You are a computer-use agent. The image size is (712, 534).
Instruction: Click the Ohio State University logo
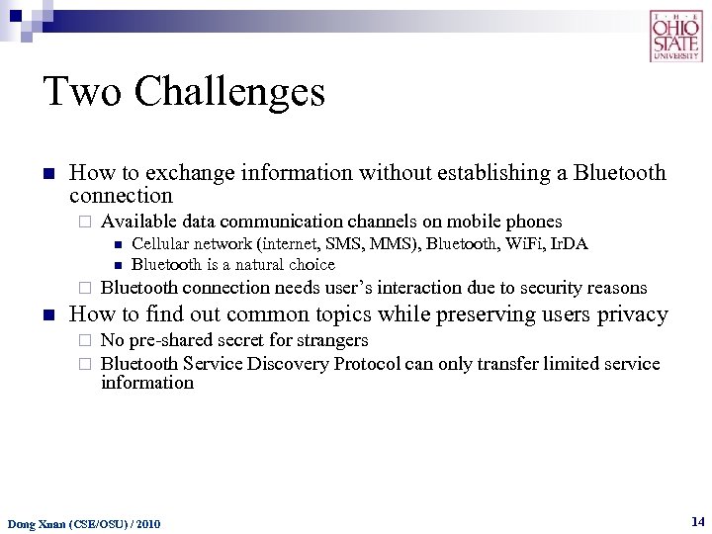coord(675,37)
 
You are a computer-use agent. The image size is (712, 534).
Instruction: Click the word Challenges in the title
coord(229,93)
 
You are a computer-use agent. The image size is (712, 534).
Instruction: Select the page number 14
coord(698,520)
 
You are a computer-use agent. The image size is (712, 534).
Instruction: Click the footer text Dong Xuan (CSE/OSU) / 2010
coord(84,523)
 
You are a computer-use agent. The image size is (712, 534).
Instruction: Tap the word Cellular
coord(162,244)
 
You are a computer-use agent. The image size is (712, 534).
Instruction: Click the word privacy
coord(632,314)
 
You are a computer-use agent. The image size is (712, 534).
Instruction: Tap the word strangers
coord(329,340)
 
